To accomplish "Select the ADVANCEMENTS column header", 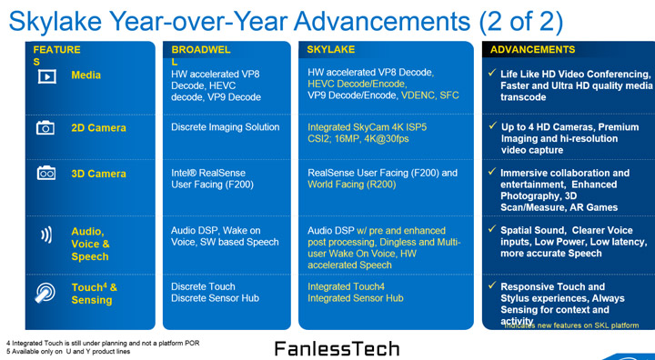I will pos(533,50).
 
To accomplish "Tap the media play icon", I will pos(45,77).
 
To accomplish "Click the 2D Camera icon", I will pos(45,128).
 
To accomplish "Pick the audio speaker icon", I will pos(45,235).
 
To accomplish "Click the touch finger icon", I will pos(45,292).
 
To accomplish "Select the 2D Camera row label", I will pos(98,128).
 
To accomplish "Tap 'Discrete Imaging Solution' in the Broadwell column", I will pos(226,128).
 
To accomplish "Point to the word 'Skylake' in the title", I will pos(61,20).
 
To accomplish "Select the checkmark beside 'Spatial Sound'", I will pos(491,231).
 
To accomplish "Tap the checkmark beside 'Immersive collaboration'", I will pos(491,173).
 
